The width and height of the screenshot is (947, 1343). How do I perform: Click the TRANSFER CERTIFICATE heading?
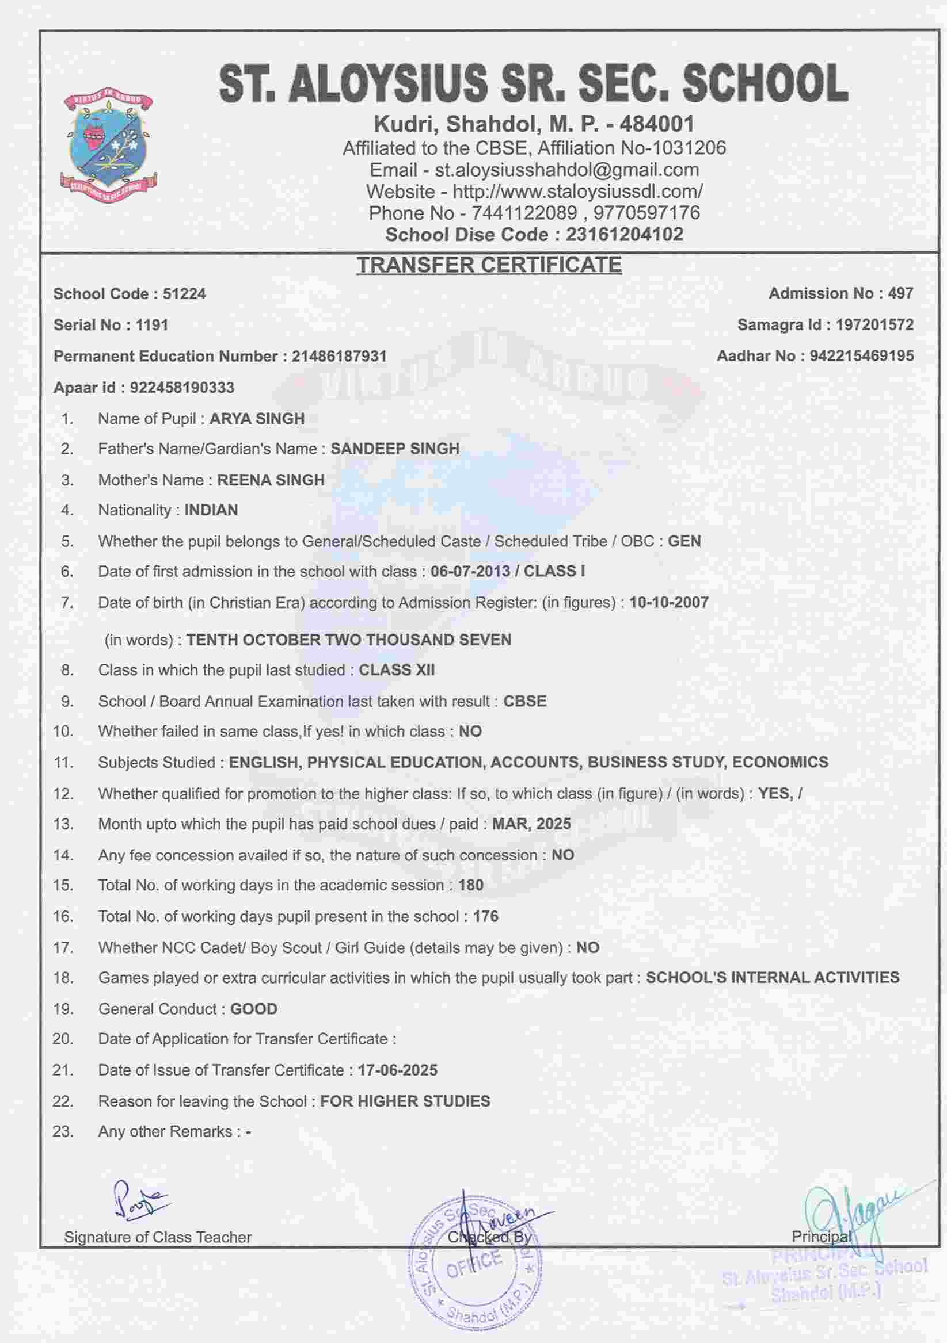tap(489, 265)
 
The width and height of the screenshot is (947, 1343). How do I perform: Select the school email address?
tap(566, 170)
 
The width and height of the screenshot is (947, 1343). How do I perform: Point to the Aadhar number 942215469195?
tap(862, 355)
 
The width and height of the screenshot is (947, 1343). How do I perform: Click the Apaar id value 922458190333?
tap(182, 387)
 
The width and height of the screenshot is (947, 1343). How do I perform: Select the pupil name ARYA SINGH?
tap(257, 419)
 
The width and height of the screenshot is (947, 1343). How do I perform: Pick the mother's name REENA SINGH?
tap(271, 480)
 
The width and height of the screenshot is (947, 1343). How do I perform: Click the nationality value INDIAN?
tap(211, 510)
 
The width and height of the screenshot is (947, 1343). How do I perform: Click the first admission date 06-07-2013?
tap(470, 572)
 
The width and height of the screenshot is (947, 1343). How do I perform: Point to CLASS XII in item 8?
tap(396, 670)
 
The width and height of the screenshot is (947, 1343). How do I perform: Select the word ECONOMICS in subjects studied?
tap(779, 762)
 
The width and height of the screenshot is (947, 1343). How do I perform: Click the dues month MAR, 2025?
tap(531, 824)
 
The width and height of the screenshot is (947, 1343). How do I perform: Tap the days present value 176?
tap(486, 917)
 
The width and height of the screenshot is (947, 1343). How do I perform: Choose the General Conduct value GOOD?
tap(254, 1009)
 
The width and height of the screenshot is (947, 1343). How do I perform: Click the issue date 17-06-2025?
tap(397, 1070)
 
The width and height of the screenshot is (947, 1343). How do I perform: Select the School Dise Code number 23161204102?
tap(624, 235)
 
